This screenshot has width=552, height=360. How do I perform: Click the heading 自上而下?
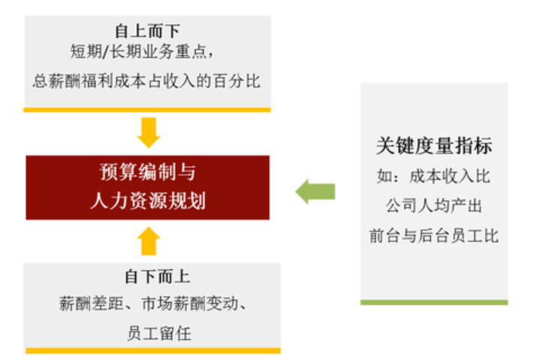[x=147, y=31]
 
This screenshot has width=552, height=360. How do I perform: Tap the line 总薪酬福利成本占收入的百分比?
[x=146, y=81]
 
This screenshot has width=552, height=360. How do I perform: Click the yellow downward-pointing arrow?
[x=149, y=132]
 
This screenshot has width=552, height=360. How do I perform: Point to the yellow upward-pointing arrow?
[x=149, y=241]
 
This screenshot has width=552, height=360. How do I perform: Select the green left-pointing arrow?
[x=315, y=192]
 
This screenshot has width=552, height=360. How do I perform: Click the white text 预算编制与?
[x=147, y=172]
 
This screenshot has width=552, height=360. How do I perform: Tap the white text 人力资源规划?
[x=148, y=201]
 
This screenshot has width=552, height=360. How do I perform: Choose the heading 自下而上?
[x=158, y=277]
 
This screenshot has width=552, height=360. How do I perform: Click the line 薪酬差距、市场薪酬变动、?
[x=152, y=304]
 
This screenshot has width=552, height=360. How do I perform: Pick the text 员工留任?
[x=159, y=334]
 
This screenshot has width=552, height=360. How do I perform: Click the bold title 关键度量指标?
[x=434, y=146]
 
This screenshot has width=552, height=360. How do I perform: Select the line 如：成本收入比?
[x=433, y=176]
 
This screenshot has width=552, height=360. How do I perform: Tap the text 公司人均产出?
[x=434, y=206]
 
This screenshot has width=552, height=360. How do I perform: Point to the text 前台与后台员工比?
[x=434, y=236]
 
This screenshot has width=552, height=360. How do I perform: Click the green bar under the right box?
[x=434, y=303]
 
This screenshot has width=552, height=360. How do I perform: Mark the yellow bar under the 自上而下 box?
[x=147, y=110]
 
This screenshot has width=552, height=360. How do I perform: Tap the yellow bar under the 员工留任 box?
[x=153, y=351]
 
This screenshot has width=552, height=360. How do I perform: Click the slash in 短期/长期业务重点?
[x=104, y=52]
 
